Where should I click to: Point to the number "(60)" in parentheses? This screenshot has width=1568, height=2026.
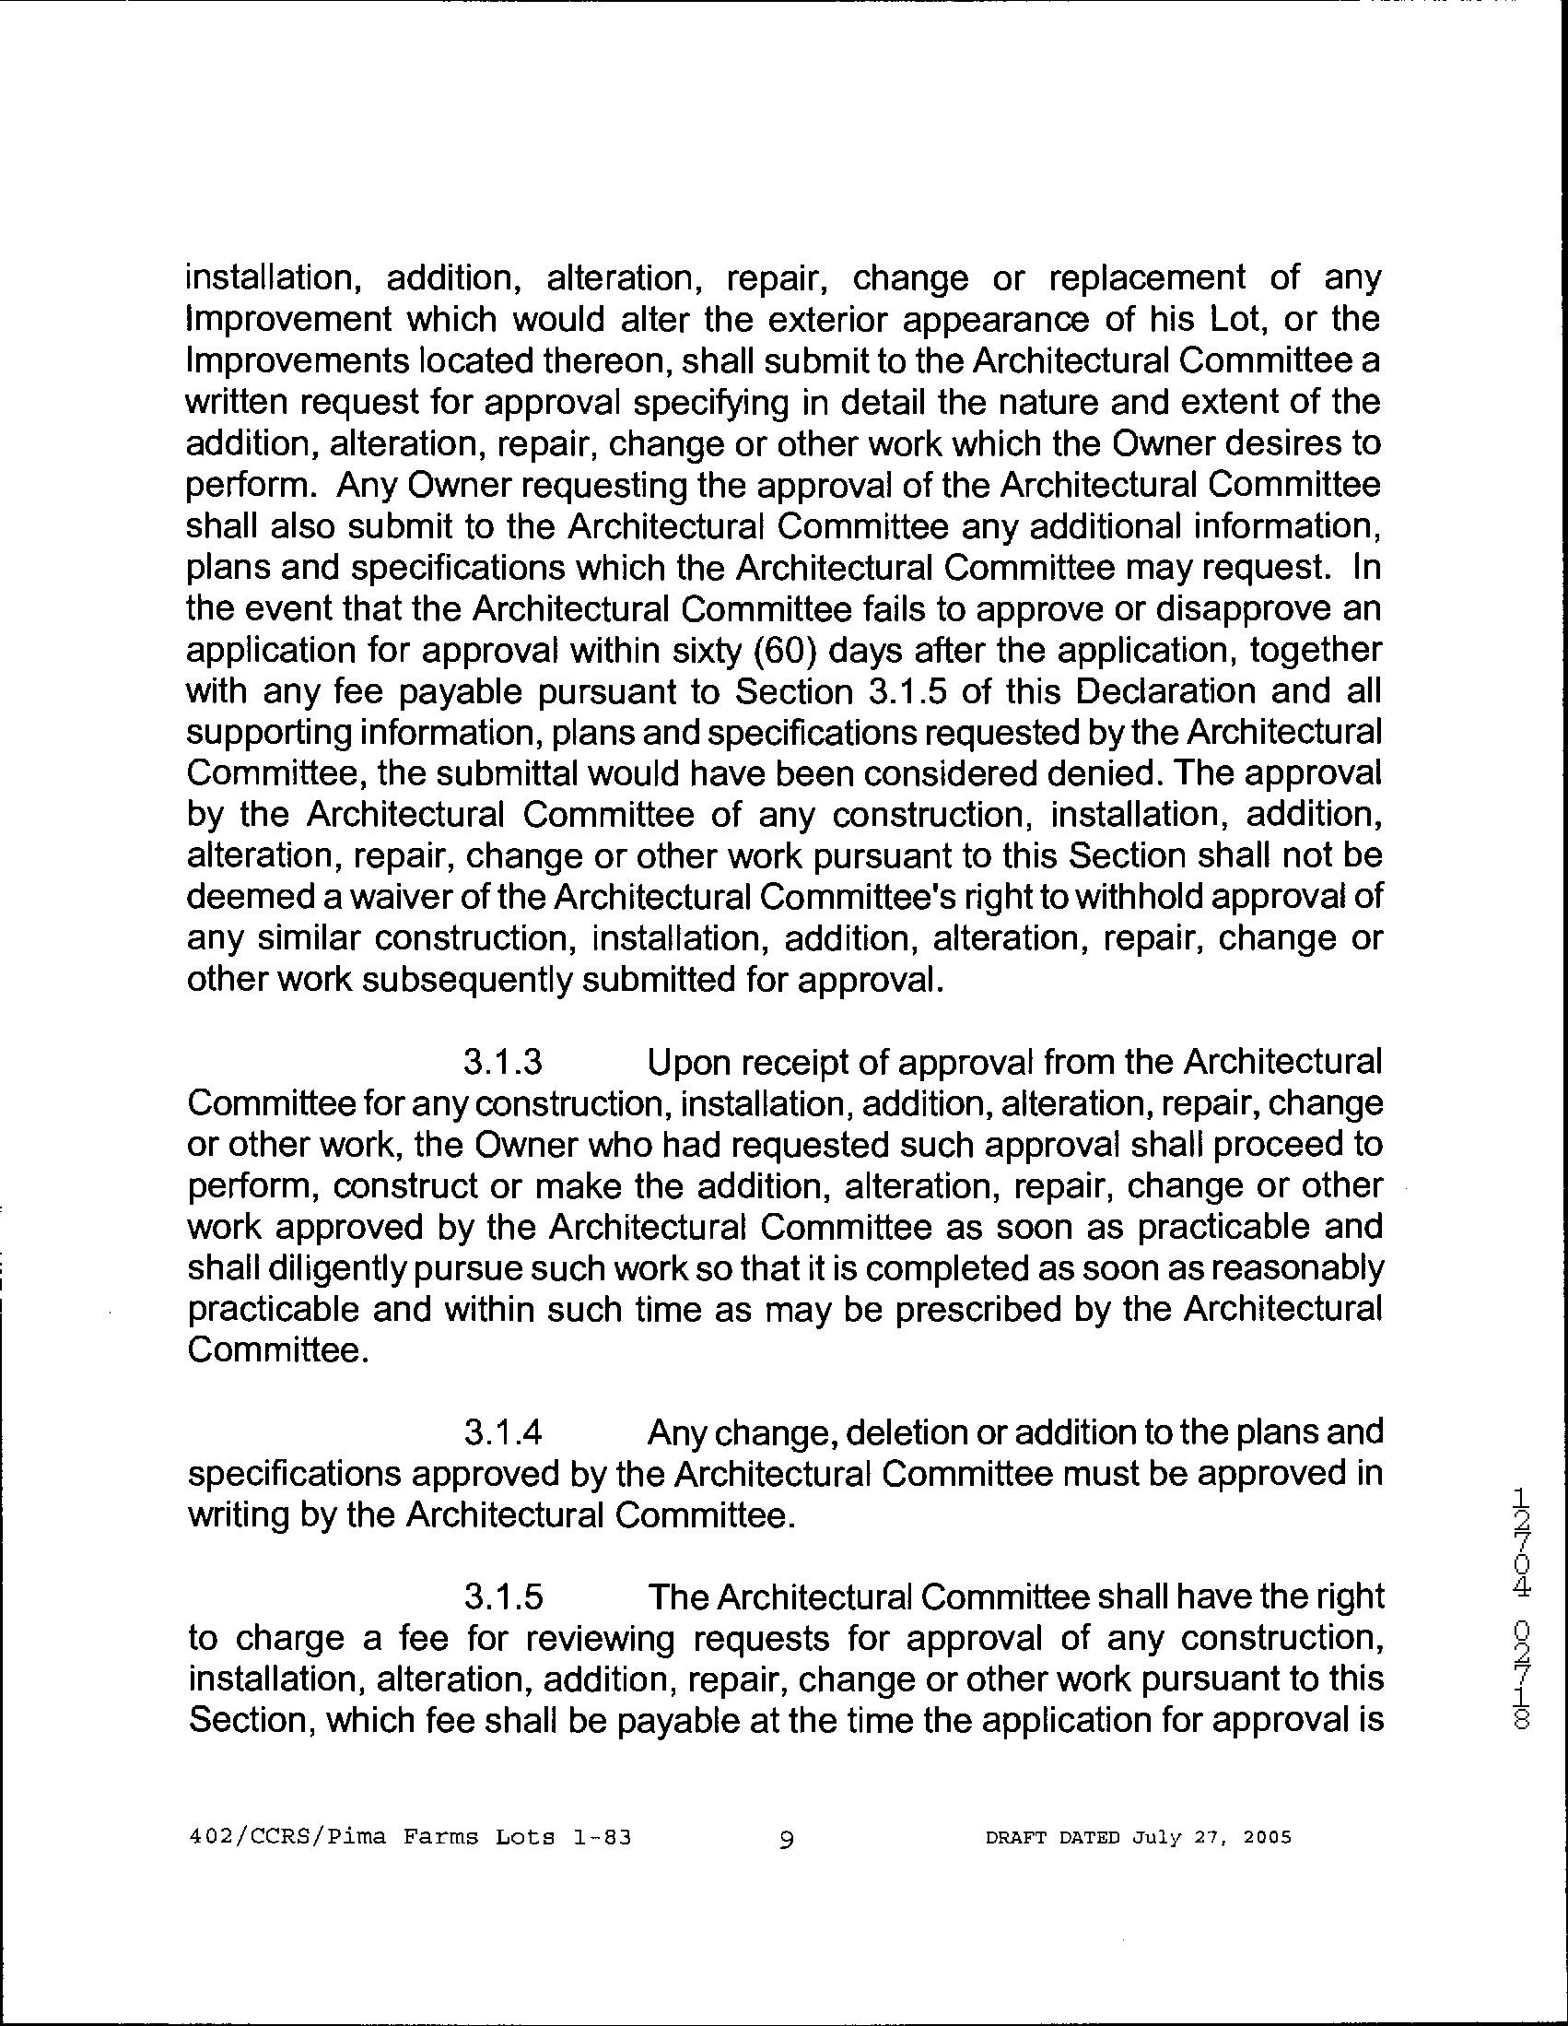782,650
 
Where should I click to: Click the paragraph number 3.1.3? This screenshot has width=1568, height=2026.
502,1062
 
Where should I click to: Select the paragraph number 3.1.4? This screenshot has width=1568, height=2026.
502,1433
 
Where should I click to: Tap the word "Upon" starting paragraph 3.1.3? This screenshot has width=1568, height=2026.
691,1062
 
